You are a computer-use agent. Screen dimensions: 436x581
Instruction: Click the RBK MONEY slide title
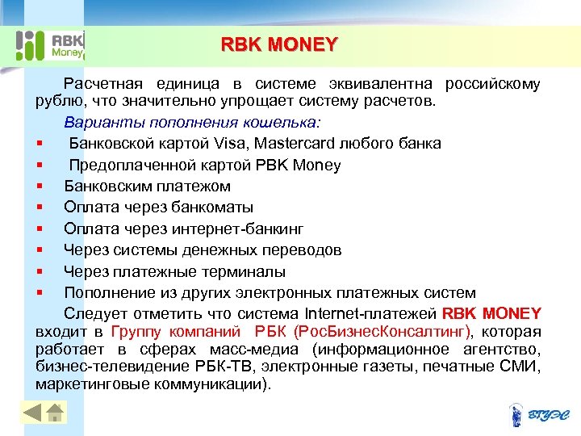279,44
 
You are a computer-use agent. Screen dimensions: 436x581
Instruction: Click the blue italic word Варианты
98,123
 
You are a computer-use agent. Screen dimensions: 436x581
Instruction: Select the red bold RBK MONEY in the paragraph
491,313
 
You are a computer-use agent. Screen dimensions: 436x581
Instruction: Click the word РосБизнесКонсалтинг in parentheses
384,332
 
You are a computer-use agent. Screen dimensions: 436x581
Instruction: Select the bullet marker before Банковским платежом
39,187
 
